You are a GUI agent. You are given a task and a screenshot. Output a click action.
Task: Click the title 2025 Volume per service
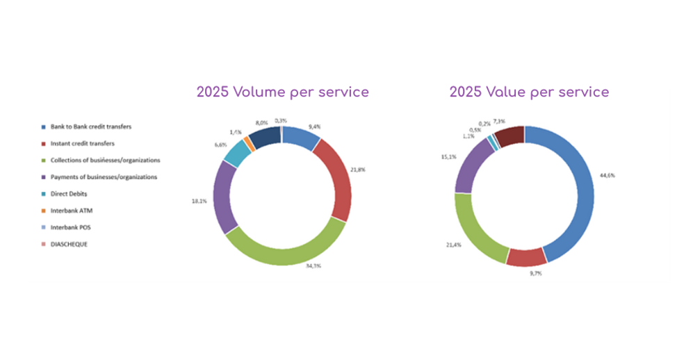282,92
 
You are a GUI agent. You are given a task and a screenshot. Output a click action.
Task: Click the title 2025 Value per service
529,92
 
